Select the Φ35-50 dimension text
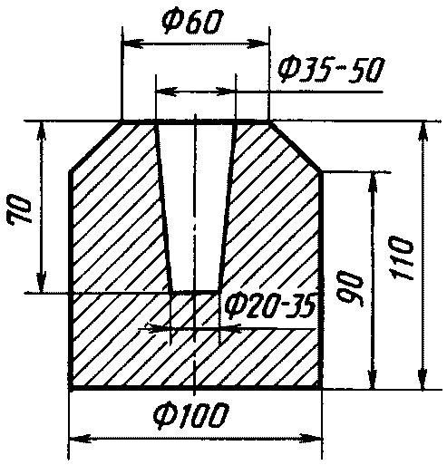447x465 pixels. click(x=331, y=70)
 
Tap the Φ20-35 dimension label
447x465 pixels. click(x=270, y=305)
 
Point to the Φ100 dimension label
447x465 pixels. click(x=190, y=417)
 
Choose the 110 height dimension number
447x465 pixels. click(x=401, y=257)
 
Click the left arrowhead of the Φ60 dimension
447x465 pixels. click(x=132, y=44)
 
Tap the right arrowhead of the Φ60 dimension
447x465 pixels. click(x=258, y=44)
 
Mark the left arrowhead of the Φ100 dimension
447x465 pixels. click(x=81, y=439)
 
